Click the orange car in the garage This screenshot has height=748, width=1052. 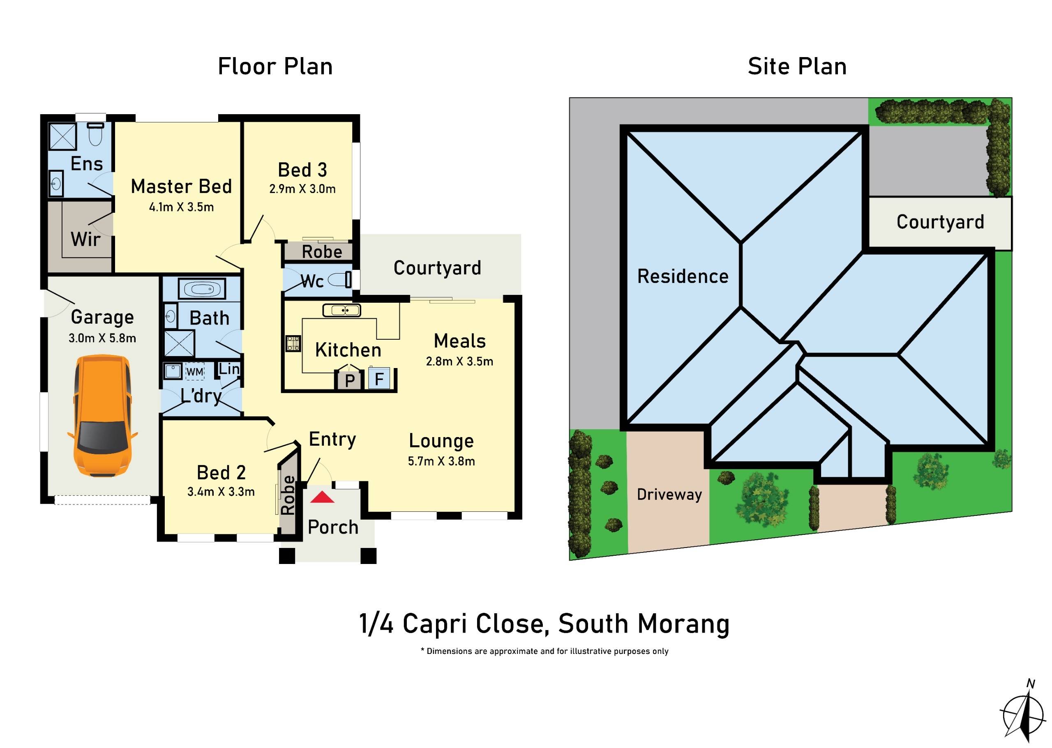[x=102, y=416]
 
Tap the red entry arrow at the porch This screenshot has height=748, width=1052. [x=322, y=497]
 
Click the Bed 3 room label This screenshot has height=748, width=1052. [x=302, y=170]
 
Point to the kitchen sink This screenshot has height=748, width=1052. [x=341, y=311]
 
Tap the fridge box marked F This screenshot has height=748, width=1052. [x=379, y=379]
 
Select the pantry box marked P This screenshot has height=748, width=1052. [x=349, y=380]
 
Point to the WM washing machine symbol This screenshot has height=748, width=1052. [x=194, y=371]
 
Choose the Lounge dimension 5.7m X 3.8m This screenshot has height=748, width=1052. [x=441, y=461]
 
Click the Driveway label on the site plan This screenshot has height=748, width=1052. [x=669, y=495]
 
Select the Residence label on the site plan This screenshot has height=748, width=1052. [x=683, y=276]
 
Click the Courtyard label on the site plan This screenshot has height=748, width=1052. [x=940, y=222]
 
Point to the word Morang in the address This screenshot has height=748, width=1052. [x=683, y=624]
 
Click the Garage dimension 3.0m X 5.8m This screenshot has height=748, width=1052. [x=102, y=338]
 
